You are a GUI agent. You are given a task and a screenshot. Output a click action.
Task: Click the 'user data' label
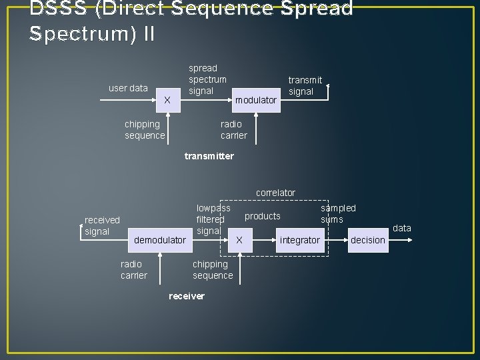(x=128, y=88)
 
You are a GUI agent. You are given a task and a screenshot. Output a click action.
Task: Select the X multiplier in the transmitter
(x=167, y=100)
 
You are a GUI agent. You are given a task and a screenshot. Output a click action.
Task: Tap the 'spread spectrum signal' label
(x=207, y=79)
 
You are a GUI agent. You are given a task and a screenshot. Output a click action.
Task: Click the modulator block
(x=256, y=100)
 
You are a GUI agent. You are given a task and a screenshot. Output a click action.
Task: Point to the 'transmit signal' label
(x=305, y=86)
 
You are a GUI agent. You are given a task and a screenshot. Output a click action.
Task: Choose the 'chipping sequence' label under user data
(x=145, y=130)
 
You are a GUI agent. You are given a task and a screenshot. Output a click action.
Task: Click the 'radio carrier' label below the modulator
(x=233, y=130)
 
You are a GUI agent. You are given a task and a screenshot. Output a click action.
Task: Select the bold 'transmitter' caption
(x=209, y=156)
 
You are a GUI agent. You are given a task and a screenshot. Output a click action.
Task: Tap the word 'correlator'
(x=275, y=193)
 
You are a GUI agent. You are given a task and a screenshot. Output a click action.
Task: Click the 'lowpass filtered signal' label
(x=213, y=219)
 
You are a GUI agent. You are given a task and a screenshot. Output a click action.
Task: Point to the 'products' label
(x=263, y=216)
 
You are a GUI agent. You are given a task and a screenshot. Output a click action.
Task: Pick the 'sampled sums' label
(x=338, y=214)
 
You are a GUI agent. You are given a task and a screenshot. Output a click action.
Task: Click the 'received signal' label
(x=102, y=225)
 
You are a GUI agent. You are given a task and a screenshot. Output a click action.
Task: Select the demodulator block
(x=160, y=240)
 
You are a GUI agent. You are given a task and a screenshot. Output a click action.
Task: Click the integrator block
(x=299, y=240)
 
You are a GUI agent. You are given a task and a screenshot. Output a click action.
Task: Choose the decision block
(x=368, y=240)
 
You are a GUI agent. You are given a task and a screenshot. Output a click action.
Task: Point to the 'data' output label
(x=402, y=228)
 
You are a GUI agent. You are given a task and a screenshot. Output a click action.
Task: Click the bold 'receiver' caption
(x=187, y=296)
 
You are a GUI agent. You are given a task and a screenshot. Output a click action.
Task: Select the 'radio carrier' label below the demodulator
(x=133, y=270)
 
